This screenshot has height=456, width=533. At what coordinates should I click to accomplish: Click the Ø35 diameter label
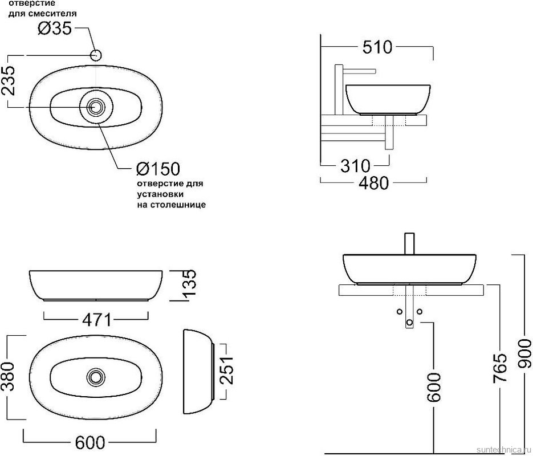point(55,28)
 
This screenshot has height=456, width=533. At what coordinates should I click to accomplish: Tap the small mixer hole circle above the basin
point(96,55)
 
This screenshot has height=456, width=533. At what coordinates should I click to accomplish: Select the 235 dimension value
point(8,80)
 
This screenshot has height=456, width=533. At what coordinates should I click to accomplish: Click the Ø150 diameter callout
point(158,169)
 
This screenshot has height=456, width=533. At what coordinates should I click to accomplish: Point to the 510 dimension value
point(377,47)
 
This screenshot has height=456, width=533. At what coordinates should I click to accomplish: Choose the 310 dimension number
point(355,166)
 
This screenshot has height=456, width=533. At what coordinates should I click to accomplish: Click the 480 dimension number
point(373,183)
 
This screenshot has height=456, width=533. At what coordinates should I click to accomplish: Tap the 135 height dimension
point(189,283)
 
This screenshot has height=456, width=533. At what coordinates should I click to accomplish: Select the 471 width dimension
point(96,320)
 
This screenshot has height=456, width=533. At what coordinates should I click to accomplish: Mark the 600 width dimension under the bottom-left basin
point(90,443)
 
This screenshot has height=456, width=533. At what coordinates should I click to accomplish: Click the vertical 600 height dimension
point(433,388)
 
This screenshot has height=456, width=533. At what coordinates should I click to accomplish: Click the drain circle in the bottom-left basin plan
point(96,377)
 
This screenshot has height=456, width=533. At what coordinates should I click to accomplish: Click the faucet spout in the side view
point(359,71)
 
